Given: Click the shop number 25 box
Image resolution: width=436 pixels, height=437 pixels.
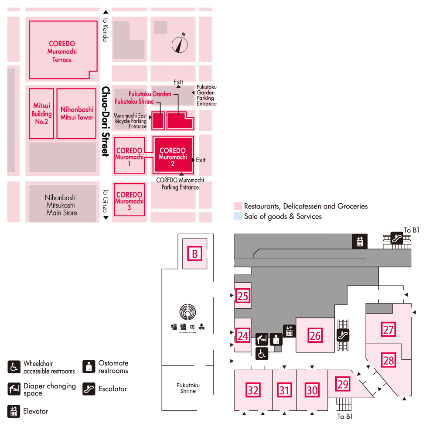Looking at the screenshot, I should pyautogui.click(x=243, y=297).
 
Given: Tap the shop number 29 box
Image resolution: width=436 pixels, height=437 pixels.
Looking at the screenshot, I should pyautogui.click(x=343, y=384).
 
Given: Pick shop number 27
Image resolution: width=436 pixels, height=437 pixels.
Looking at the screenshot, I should pyautogui.click(x=388, y=329).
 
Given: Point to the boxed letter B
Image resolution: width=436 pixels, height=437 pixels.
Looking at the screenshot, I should pyautogui.click(x=195, y=253).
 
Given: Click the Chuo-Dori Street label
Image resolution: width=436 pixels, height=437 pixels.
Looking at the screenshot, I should pyautogui.click(x=105, y=121).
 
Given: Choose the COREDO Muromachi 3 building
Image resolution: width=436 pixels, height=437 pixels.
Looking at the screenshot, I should pyautogui.click(x=129, y=201).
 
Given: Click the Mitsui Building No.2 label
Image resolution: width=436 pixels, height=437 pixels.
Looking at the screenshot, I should pyautogui.click(x=41, y=113).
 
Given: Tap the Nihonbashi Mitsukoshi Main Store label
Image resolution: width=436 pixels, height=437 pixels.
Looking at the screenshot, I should pyautogui.click(x=61, y=205).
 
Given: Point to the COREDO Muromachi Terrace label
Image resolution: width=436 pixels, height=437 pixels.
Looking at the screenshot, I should pyautogui.click(x=62, y=51).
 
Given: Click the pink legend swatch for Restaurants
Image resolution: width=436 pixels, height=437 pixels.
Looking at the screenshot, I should pyautogui.click(x=238, y=206).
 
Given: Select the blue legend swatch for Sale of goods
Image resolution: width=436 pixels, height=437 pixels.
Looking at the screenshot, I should pyautogui.click(x=238, y=216).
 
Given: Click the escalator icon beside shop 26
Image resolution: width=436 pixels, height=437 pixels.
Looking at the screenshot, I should pyautogui.click(x=343, y=335).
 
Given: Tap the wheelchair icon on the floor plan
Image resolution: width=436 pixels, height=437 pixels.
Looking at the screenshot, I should pyautogui.click(x=262, y=354).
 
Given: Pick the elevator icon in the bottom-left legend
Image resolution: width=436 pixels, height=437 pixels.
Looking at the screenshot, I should pyautogui.click(x=14, y=411).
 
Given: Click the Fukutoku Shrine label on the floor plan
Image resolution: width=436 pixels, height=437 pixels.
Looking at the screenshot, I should pyautogui.click(x=188, y=388).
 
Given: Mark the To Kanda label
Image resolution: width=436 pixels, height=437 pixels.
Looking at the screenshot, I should pyautogui.click(x=105, y=30).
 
